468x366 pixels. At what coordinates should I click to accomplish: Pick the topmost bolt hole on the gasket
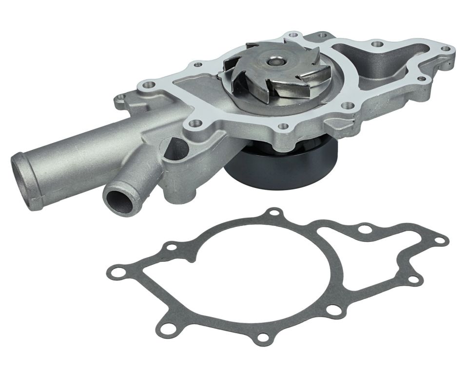[275, 213]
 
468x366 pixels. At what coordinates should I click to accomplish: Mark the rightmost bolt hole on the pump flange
[445, 49]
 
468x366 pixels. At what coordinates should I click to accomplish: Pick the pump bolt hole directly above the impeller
[292, 35]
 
